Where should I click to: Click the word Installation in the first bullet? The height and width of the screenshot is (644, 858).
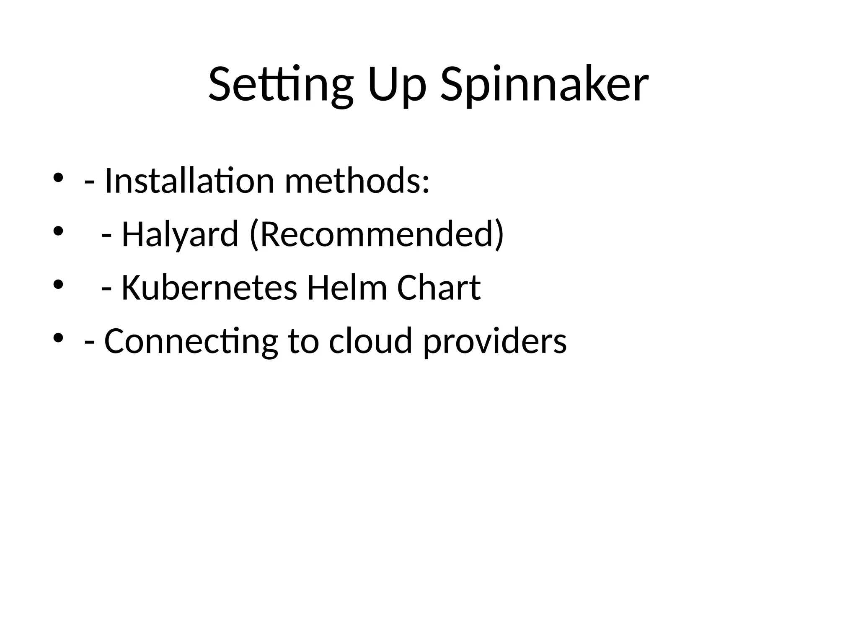pyautogui.click(x=189, y=181)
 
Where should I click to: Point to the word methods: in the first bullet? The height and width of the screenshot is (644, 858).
pyautogui.click(x=357, y=181)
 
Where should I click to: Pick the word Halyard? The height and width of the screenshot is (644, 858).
pyautogui.click(x=180, y=234)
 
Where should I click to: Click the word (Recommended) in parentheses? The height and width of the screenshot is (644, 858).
pyautogui.click(x=377, y=234)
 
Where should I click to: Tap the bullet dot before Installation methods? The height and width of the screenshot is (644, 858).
pyautogui.click(x=58, y=178)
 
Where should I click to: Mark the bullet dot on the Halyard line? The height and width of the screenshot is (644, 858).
pyautogui.click(x=58, y=231)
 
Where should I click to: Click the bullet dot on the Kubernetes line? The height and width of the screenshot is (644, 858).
pyautogui.click(x=58, y=285)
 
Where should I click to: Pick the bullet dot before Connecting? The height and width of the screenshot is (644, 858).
pyautogui.click(x=58, y=338)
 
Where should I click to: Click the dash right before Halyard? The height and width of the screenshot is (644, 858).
pyautogui.click(x=107, y=236)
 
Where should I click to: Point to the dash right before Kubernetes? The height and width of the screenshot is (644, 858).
pyautogui.click(x=107, y=289)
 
